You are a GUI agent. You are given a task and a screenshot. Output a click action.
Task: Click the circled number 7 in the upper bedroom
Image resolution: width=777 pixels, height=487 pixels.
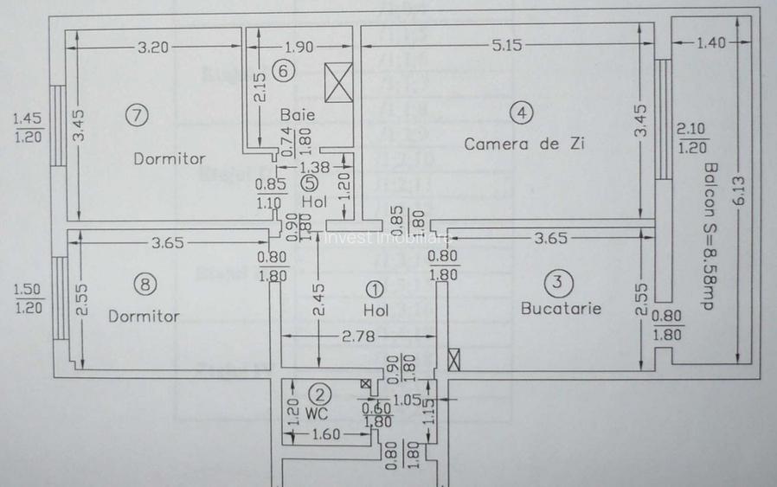click(137, 113)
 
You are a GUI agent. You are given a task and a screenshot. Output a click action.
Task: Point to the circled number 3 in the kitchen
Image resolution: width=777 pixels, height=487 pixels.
click(558, 282)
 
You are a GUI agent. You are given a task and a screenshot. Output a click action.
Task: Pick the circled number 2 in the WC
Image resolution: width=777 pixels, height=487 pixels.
click(320, 395)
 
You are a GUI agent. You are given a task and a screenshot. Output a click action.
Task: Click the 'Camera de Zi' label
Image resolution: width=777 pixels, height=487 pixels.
click(524, 144)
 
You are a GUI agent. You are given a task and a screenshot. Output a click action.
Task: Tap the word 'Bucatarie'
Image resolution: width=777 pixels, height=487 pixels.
click(562, 308)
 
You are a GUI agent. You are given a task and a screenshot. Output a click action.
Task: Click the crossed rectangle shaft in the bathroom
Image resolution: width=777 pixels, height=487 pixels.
click(338, 81)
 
